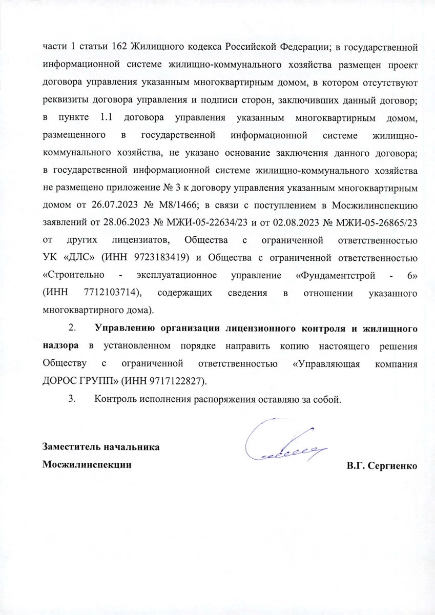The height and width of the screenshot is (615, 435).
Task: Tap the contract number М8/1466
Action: pos(174,206)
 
